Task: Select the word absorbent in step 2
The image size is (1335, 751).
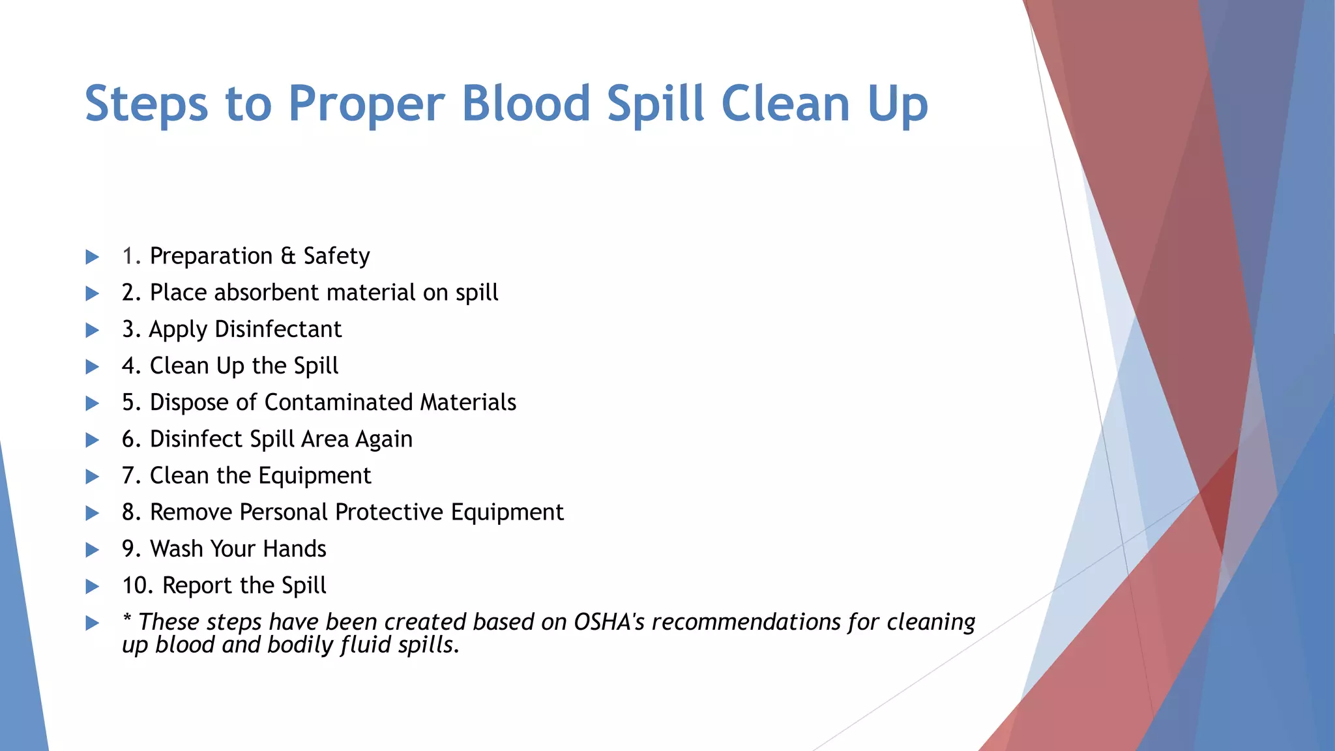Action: pyautogui.click(x=266, y=293)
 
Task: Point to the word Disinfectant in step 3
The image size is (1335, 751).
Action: pyautogui.click(x=278, y=329)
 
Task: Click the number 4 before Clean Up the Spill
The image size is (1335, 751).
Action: pyautogui.click(x=128, y=366)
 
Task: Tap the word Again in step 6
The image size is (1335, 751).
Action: pyautogui.click(x=384, y=440)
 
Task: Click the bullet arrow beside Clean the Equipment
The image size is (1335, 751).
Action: pyautogui.click(x=93, y=477)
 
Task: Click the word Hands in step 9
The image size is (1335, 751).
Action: pyautogui.click(x=294, y=549)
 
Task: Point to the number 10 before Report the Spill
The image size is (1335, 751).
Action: pyautogui.click(x=135, y=585)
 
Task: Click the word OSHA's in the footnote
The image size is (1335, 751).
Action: pyautogui.click(x=609, y=622)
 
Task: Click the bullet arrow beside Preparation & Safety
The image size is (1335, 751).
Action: pyautogui.click(x=93, y=257)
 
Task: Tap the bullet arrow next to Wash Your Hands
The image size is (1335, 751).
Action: pyautogui.click(x=93, y=550)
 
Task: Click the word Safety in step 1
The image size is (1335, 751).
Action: pyautogui.click(x=336, y=256)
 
